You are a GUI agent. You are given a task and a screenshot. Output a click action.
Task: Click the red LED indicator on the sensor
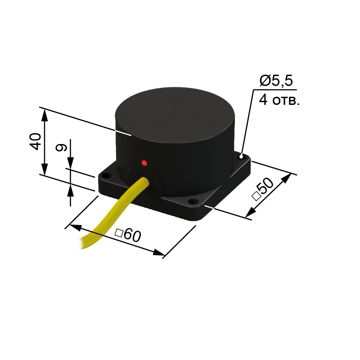tap(144, 163)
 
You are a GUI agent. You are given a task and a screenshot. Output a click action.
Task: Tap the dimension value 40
tap(35, 141)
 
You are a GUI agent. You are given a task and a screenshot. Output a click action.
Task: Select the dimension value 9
tap(61, 148)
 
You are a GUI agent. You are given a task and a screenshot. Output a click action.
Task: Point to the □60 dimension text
tap(128, 235)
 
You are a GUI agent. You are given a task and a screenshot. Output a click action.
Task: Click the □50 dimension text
tap(263, 189)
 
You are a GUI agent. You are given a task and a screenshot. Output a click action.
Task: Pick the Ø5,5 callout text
tap(276, 81)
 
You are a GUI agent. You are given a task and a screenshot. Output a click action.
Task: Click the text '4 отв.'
tap(279, 100)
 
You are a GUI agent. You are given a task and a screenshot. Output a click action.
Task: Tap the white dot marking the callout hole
tap(241, 157)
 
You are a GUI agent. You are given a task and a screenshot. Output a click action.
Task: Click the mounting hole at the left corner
tap(106, 176)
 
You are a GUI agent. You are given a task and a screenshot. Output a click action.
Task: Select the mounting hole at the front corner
tap(193, 202)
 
